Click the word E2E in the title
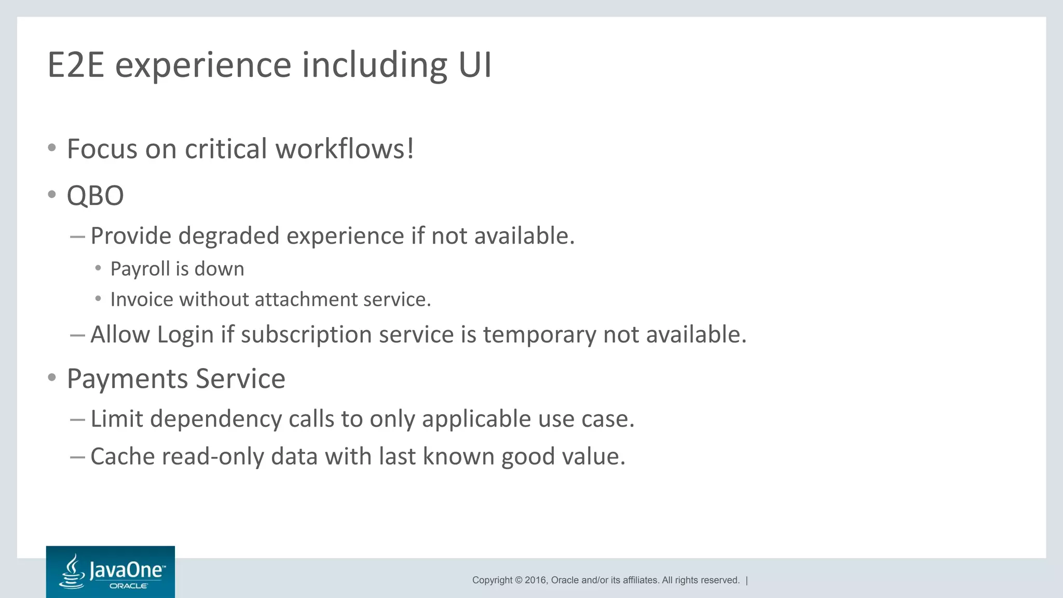[76, 65]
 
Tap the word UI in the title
[475, 65]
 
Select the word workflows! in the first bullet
[345, 149]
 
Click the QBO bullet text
[96, 196]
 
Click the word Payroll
[140, 269]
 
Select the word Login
[185, 334]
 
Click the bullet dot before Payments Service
[51, 377]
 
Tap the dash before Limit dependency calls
[77, 419]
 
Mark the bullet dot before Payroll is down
[98, 268]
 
